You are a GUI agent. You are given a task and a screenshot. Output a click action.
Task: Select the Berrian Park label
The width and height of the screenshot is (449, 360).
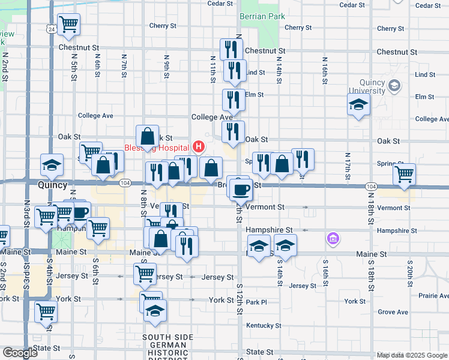pos(262,16)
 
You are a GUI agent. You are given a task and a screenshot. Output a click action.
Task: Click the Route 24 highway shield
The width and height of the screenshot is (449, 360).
pos(52,29)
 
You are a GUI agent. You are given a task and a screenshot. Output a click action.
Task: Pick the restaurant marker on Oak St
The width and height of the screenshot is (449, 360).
pos(233,133)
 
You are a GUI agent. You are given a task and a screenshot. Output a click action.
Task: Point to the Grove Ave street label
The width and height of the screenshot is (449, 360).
pos(393,312)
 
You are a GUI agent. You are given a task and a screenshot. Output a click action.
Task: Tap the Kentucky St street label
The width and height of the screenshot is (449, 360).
pos(264,325)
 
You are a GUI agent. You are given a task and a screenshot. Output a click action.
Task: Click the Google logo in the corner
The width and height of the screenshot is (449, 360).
pos(20,353)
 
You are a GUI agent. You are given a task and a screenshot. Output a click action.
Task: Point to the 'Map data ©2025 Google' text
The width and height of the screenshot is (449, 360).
pos(411,355)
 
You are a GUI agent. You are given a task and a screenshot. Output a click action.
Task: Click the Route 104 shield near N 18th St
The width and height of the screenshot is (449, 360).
pos(370,187)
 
